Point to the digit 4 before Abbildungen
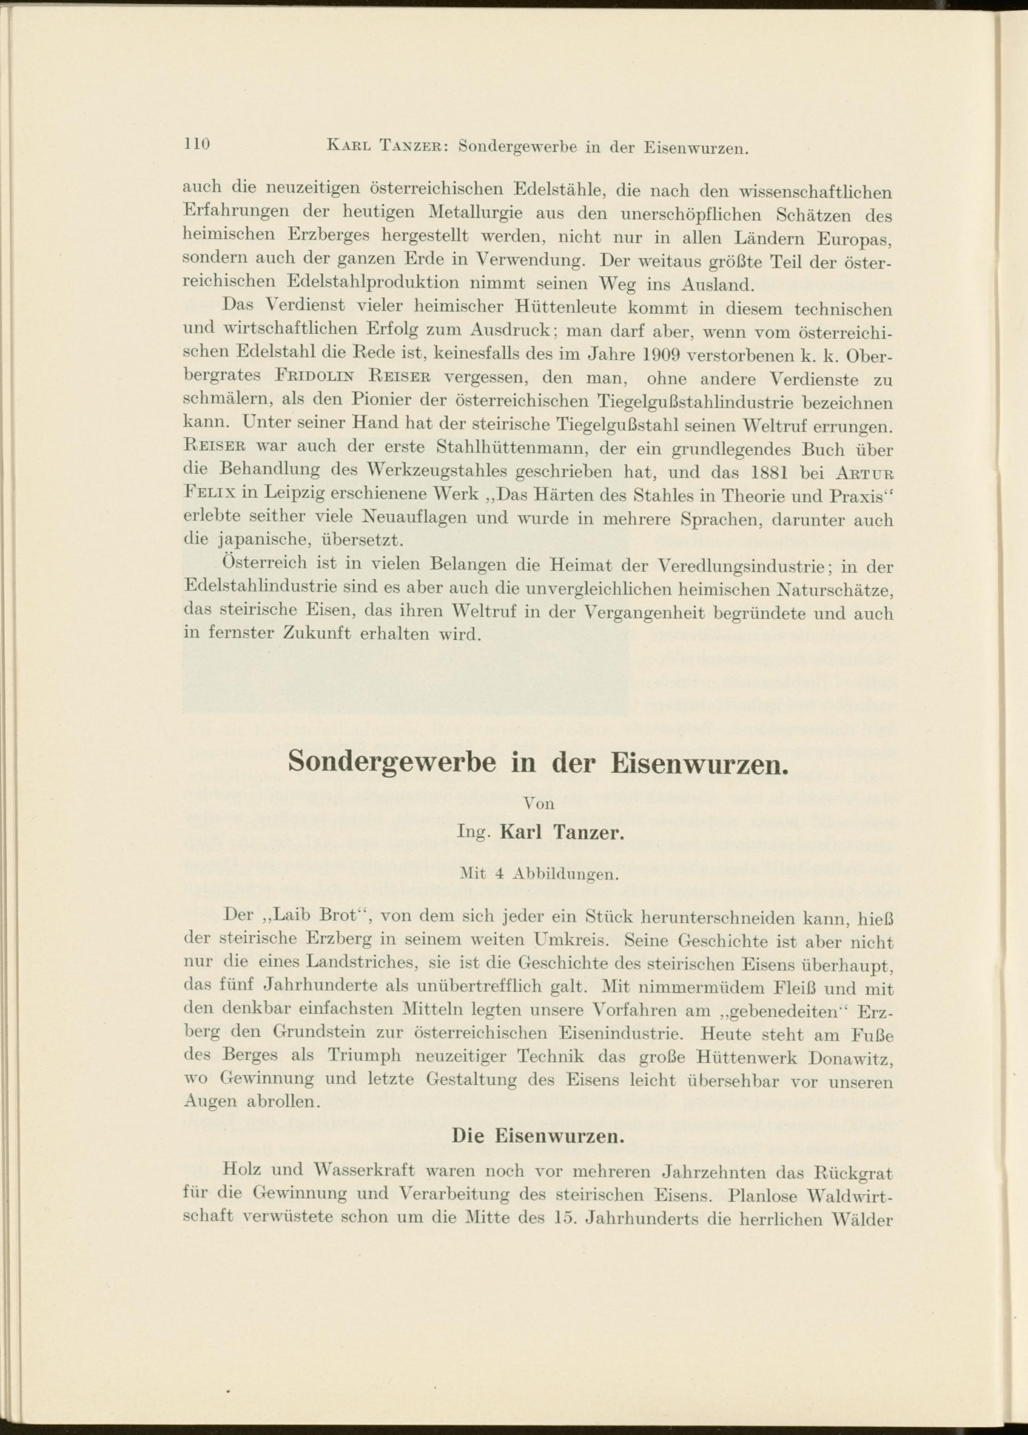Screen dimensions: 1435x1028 pos(500,876)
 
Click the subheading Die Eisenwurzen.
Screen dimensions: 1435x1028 pos(538,1136)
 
